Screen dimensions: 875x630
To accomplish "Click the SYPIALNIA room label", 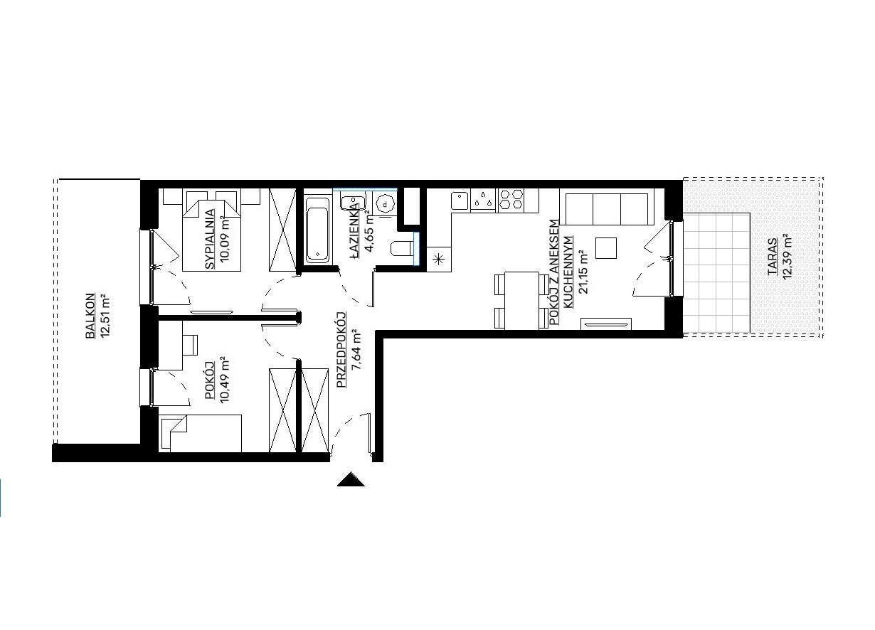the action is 210,239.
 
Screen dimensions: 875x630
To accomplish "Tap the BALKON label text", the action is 90,316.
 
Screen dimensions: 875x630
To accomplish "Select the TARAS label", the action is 772,257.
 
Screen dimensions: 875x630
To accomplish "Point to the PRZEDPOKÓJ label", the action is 341,349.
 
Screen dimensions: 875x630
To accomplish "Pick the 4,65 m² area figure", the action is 368,233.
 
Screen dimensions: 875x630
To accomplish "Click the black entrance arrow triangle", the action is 351,479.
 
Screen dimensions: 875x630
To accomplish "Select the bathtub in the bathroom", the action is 317,230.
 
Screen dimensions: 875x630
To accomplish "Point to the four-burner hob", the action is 511,199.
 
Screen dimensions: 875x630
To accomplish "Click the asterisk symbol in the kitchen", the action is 439,259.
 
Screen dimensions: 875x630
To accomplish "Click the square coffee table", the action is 606,248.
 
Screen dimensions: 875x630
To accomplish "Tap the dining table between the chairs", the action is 522,301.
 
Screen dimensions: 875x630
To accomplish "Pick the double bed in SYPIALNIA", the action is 211,230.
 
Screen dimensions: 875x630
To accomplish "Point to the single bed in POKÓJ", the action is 201,433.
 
